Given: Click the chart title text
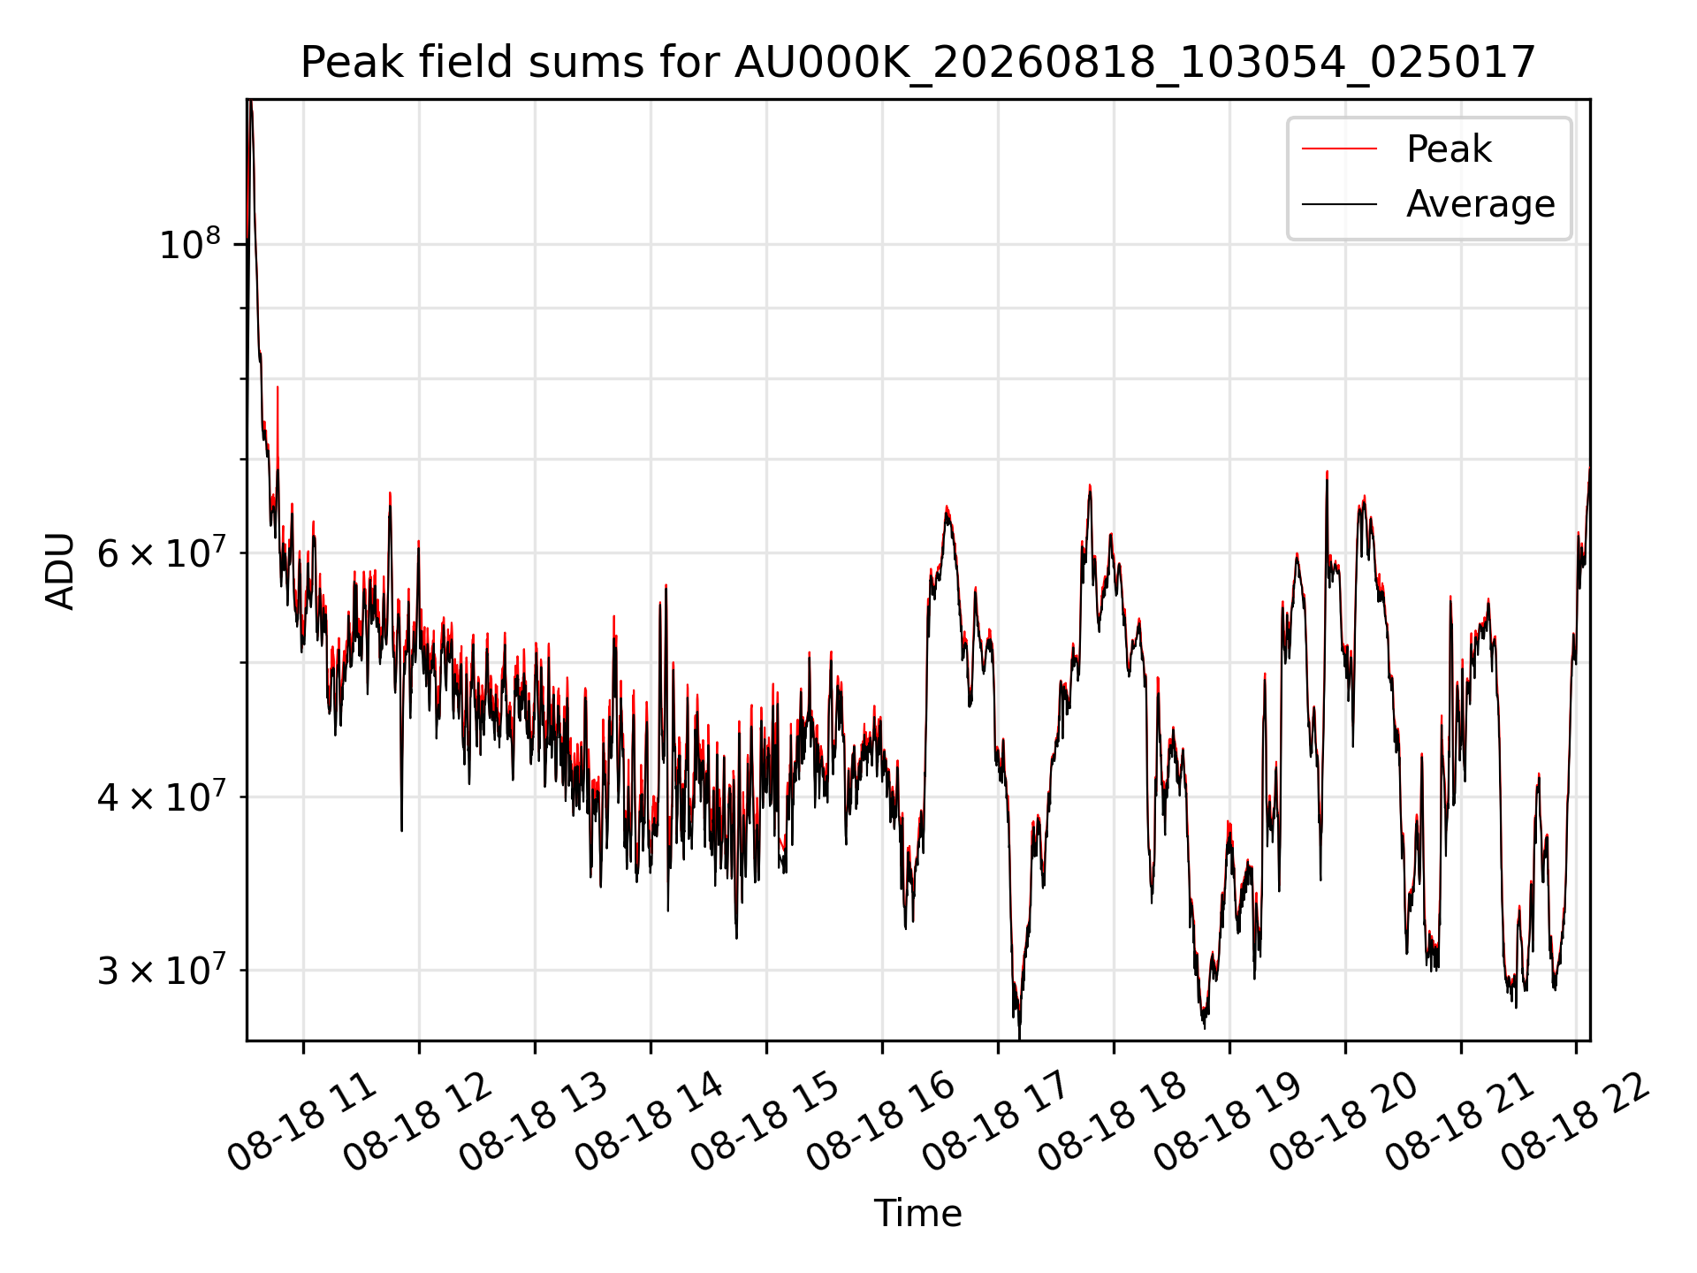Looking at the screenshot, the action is [918, 63].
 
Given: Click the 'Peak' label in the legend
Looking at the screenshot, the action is [1449, 149].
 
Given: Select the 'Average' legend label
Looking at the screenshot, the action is [1480, 204].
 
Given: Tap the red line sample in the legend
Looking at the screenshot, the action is [1339, 149].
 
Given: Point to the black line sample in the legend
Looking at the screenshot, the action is [1339, 204].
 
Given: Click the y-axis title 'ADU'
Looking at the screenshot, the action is [60, 570].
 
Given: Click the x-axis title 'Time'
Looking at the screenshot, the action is [917, 1213].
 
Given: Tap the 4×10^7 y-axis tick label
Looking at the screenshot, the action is [159, 797].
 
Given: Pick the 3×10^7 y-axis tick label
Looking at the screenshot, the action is [159, 970].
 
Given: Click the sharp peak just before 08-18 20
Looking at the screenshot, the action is [1327, 473].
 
